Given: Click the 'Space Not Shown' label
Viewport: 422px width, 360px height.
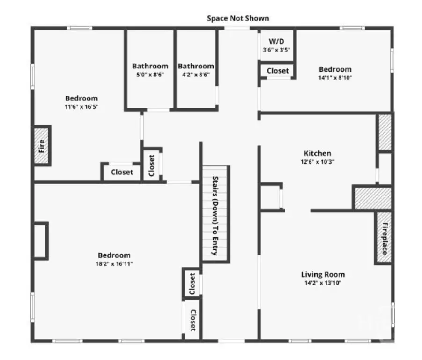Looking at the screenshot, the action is (238, 18).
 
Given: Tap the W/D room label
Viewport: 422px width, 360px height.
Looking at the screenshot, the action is (276, 41).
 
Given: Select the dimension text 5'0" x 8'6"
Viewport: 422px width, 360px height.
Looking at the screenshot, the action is (150, 75).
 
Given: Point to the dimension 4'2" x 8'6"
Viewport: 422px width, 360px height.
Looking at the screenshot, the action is (196, 75).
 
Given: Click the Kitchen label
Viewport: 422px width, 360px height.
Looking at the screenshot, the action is (317, 153).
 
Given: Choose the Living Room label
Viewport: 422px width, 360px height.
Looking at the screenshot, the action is (323, 274).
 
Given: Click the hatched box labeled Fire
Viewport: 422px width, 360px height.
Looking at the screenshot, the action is (41, 146).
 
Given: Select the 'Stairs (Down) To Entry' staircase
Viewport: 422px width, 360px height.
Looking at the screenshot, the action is (215, 214).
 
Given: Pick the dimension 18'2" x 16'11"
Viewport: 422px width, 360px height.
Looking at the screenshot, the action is (114, 264).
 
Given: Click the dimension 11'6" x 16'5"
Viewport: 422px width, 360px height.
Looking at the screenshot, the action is (81, 106).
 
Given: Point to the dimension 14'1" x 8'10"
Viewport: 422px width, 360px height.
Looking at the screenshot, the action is (335, 78).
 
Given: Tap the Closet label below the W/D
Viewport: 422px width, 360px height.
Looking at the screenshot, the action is (278, 71).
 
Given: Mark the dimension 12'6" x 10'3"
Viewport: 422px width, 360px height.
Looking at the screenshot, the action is (318, 162).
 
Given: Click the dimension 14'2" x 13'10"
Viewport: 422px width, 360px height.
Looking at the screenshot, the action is (323, 283).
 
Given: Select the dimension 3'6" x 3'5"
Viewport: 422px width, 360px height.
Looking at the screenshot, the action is (276, 50).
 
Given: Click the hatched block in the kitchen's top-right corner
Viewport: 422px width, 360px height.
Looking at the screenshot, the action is (385, 132).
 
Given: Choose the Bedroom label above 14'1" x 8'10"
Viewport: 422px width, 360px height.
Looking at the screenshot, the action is (335, 69).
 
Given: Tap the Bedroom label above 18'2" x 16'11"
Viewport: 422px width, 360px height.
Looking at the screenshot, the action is (114, 255).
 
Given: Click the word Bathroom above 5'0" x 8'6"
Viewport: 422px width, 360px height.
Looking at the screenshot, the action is (150, 66).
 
